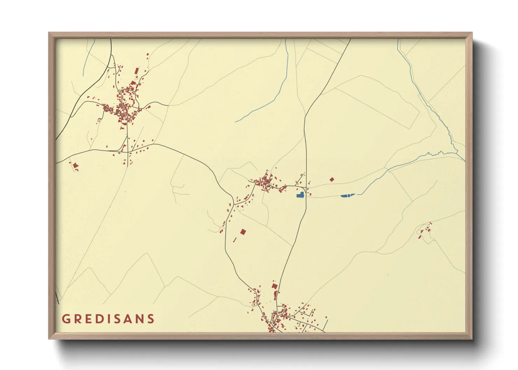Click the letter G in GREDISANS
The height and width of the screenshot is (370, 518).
tap(66, 319)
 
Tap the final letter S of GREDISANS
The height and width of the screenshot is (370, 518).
tap(150, 319)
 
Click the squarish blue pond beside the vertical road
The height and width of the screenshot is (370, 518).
tap(300, 195)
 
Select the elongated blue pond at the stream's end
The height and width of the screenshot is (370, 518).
tap(348, 195)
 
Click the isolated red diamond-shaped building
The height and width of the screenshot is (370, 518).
tap(332, 180)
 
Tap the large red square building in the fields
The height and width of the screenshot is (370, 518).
tap(243, 232)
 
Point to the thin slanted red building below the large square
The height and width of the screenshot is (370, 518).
tap(235, 240)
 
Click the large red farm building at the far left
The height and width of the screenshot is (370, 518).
tap(75, 165)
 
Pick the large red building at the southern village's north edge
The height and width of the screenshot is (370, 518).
tap(275, 286)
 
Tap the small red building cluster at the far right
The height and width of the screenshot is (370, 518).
tap(425, 230)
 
